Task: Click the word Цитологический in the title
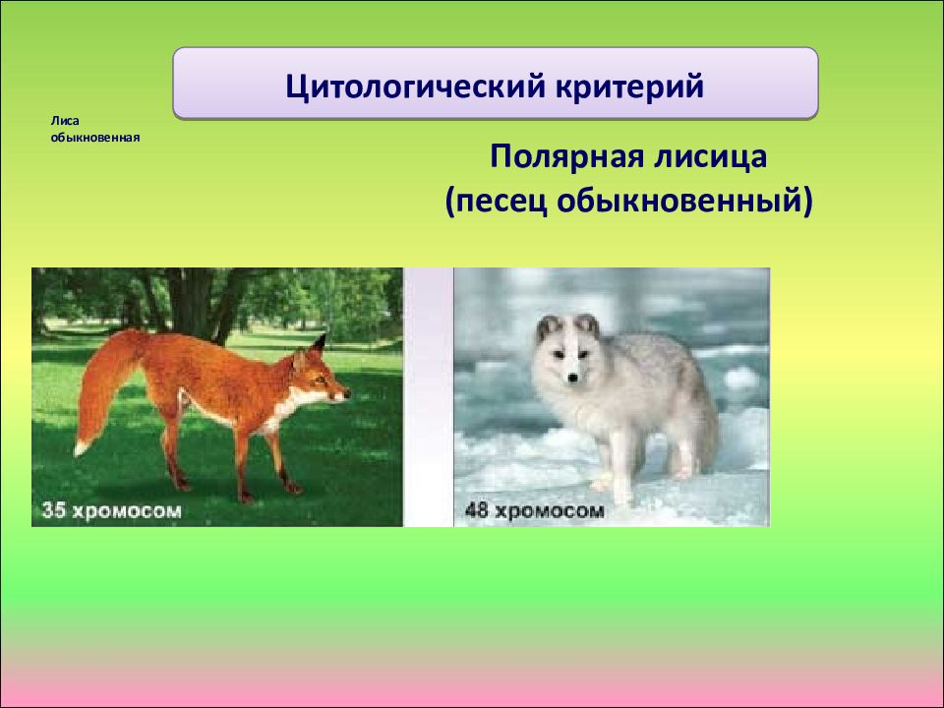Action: pos(415,86)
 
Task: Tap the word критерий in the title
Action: pos(629,86)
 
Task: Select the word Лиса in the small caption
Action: pos(65,121)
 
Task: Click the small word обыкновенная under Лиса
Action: pos(95,138)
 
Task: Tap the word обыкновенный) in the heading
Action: pos(685,202)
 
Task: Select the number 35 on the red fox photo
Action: pos(53,510)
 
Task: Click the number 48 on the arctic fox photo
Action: pos(476,510)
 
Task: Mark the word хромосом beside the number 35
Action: pos(127,511)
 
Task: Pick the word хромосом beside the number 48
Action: pos(549,511)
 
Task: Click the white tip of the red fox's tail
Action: pos(81,447)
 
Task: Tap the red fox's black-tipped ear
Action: pos(318,344)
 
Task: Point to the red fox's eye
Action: pos(321,380)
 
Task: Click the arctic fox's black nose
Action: pos(573,378)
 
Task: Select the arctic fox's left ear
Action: pos(548,328)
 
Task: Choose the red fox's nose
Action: pos(346,395)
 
